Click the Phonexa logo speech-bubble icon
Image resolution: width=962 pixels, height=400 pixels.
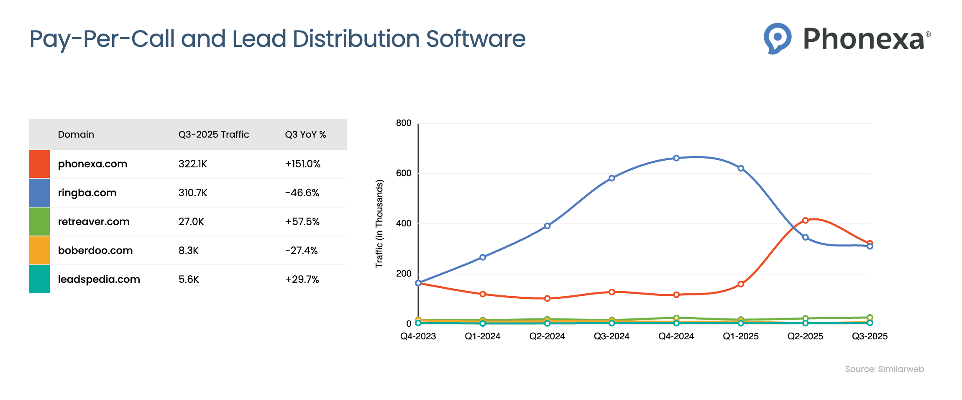coord(777,38)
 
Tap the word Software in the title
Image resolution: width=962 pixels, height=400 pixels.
coord(476,39)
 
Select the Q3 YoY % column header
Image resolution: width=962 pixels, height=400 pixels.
coord(305,134)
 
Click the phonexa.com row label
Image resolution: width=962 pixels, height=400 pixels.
coord(92,164)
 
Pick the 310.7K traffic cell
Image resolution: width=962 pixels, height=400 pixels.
coord(193,193)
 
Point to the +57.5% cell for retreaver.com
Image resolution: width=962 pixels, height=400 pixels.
coord(302,222)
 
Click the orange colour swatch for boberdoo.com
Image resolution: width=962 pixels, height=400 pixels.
coord(39,250)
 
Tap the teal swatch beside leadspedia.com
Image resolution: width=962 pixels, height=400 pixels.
coord(39,279)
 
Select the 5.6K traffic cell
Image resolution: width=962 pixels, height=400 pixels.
coord(189,279)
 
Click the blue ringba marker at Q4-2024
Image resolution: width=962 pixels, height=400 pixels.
coord(676,158)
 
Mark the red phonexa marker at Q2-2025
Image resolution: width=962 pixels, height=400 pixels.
coord(805,221)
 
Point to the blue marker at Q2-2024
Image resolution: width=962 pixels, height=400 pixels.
coord(547,226)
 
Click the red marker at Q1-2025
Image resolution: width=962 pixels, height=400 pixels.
coord(741,284)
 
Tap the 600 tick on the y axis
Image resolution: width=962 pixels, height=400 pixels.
coord(404,173)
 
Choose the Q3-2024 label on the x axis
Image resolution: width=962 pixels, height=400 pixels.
coord(611,336)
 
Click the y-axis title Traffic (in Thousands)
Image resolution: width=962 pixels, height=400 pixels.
coord(379,224)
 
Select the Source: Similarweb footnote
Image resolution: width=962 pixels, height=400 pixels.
coord(884,369)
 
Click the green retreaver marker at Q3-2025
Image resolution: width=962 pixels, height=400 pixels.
coord(870,318)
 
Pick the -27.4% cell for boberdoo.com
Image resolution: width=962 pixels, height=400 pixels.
coord(301,251)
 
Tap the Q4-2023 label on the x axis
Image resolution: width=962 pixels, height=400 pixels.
coord(418,336)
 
